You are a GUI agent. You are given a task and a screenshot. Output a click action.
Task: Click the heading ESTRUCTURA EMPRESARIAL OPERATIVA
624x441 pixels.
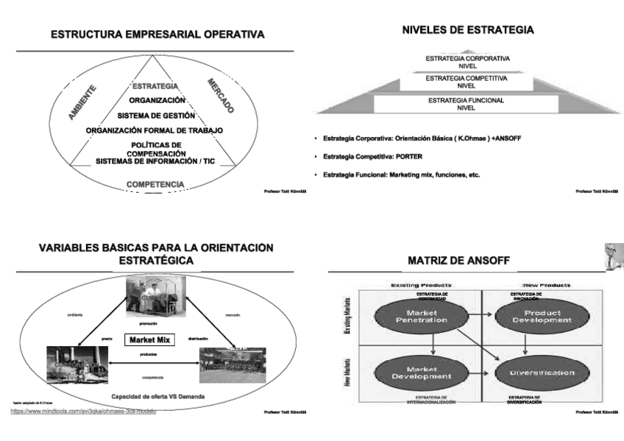[157, 35]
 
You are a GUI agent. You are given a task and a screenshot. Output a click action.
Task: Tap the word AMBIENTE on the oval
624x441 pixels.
[82, 102]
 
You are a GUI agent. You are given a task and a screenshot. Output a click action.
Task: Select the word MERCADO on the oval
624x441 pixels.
[220, 95]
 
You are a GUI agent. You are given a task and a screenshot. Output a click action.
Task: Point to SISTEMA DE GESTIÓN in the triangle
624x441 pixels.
[156, 116]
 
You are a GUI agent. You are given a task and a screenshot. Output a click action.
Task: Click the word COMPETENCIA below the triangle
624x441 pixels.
[155, 183]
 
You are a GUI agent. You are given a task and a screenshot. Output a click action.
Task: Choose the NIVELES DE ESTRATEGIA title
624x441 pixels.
[468, 30]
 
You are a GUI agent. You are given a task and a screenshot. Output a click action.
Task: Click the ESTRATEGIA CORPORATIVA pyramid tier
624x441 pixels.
[467, 61]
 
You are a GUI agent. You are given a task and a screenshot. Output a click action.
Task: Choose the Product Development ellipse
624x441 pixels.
[533, 316]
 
